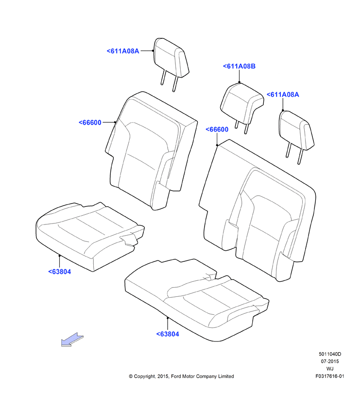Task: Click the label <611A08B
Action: [x=239, y=67]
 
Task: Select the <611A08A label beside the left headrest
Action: [x=123, y=51]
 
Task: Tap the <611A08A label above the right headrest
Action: [x=283, y=95]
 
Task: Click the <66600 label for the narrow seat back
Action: [x=90, y=122]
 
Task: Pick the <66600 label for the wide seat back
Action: [x=217, y=129]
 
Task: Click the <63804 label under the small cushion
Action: [x=60, y=272]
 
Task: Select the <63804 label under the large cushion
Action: [x=168, y=334]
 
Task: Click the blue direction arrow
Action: [x=72, y=340]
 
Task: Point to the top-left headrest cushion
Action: [x=172, y=58]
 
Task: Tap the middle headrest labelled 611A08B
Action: [x=241, y=103]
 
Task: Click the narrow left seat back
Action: [x=151, y=151]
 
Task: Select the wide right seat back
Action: [x=259, y=208]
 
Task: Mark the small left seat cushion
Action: [x=90, y=236]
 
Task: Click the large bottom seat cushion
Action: [x=196, y=299]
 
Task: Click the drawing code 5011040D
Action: [x=330, y=354]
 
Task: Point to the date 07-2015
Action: [x=330, y=361]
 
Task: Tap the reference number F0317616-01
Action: [x=330, y=376]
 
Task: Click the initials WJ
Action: [x=330, y=369]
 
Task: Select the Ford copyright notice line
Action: [x=181, y=377]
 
